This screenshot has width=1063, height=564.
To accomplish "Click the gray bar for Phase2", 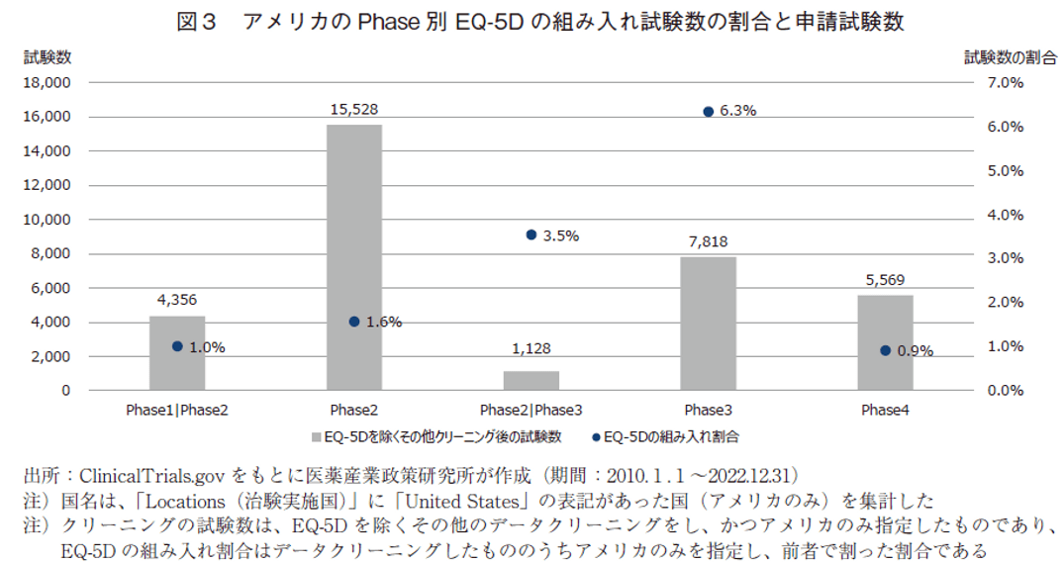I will click(x=354, y=257).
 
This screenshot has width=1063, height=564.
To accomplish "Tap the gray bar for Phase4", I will click(x=885, y=342).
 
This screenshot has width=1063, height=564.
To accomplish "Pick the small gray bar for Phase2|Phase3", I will click(x=531, y=381).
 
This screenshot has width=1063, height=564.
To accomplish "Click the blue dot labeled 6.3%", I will click(x=709, y=112).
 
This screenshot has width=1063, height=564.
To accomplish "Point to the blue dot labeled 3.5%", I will click(x=531, y=235).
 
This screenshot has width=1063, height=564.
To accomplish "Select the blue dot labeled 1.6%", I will click(x=354, y=322).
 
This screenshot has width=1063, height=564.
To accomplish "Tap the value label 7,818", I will click(x=708, y=240).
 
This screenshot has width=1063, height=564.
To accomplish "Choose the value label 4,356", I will click(x=177, y=299).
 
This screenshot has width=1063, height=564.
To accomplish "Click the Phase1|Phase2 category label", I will click(x=177, y=410).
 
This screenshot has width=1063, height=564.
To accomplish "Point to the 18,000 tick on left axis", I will click(x=48, y=83).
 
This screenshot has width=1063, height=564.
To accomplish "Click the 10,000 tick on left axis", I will click(x=48, y=220).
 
